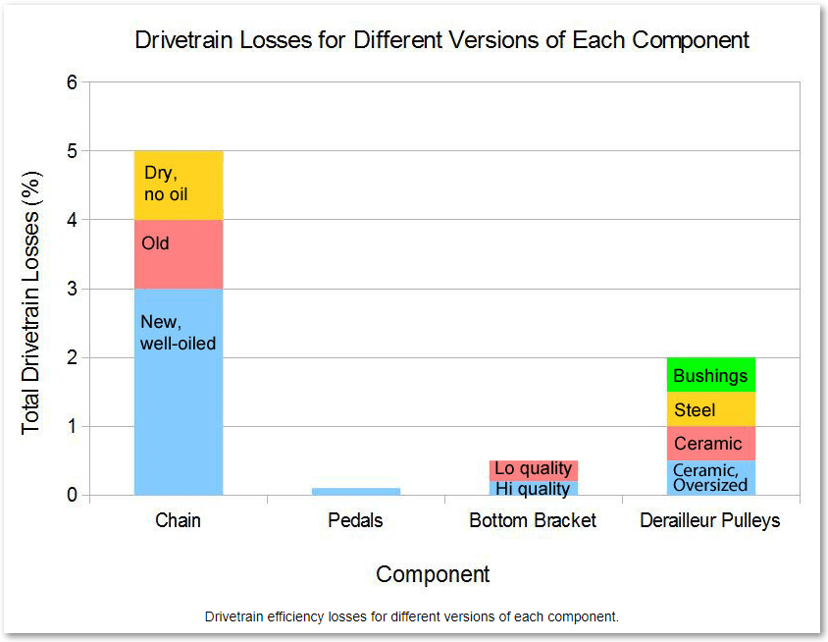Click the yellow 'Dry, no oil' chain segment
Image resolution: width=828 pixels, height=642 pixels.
pos(179,186)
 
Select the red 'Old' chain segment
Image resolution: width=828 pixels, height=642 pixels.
pos(179,254)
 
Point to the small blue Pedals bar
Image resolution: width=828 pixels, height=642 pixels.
pos(355,491)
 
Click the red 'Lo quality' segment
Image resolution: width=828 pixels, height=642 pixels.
pos(533,469)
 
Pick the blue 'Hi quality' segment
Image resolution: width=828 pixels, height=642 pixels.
pos(533,488)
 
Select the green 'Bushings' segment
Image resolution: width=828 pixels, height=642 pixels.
pos(710,375)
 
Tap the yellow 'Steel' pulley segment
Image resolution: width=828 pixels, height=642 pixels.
pos(710,409)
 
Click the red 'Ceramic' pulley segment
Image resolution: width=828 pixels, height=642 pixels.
pos(710,444)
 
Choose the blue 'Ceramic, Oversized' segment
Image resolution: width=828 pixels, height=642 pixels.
pos(710,477)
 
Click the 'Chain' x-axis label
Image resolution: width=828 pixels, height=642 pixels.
pos(179,520)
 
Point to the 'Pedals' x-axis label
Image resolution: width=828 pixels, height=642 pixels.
pos(355,520)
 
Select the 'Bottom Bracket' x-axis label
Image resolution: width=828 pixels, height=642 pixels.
pos(533,520)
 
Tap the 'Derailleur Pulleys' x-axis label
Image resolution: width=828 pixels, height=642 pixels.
pos(710,520)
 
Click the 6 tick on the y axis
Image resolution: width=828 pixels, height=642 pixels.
pos(72,82)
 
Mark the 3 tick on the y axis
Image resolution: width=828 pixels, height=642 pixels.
pos(72,290)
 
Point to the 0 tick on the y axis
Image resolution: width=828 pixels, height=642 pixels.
pos(72,496)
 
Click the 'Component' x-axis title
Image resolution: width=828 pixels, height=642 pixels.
pos(433,574)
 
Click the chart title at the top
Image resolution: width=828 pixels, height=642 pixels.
pos(441,40)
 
